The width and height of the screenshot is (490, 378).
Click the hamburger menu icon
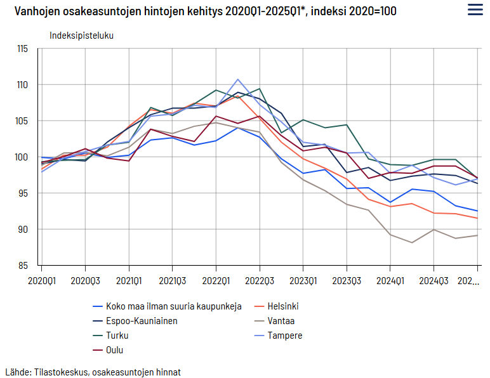pyautogui.click(x=475, y=10)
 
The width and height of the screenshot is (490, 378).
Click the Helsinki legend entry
pyautogui.click(x=277, y=306)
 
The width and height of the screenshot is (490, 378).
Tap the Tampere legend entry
pyautogui.click(x=279, y=336)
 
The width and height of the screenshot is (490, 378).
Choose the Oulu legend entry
pyautogui.click(x=108, y=350)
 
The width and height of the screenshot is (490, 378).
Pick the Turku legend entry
pyautogui.click(x=111, y=336)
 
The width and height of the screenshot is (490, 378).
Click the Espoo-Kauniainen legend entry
pyautogui.click(x=135, y=321)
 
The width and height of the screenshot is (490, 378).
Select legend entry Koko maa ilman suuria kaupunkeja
pyautogui.click(x=167, y=306)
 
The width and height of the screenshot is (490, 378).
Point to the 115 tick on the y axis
pyautogui.click(x=22, y=49)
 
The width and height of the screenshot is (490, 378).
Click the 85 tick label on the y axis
pyautogui.click(x=23, y=266)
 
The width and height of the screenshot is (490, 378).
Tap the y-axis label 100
pyautogui.click(x=22, y=157)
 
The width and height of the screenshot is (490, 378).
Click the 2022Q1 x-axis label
pyautogui.click(x=216, y=281)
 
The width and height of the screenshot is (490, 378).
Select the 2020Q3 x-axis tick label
pyautogui.click(x=85, y=281)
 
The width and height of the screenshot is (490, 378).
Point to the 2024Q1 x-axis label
pyautogui.click(x=390, y=281)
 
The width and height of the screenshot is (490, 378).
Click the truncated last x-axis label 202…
pyautogui.click(x=468, y=281)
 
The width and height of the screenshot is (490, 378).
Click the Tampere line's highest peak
pyautogui.click(x=238, y=79)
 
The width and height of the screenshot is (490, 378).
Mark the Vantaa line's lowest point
pyautogui.click(x=412, y=242)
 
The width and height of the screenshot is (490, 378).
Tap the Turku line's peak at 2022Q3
pyautogui.click(x=260, y=89)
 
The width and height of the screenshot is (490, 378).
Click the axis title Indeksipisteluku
pyautogui.click(x=82, y=36)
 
